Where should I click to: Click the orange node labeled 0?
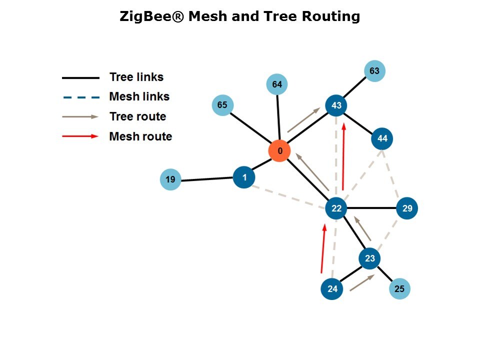(279, 151)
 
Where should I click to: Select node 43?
(336, 105)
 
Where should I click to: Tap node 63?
(374, 71)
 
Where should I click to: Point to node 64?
(277, 84)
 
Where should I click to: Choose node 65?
(222, 105)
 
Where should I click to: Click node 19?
(170, 179)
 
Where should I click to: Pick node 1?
(244, 177)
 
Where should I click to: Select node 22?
(336, 208)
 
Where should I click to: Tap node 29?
(407, 208)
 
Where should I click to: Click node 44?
(382, 138)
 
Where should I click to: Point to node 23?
(369, 258)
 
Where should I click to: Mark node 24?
(332, 288)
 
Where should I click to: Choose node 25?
(399, 288)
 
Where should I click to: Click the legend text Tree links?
(136, 77)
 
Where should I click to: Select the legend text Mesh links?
(139, 96)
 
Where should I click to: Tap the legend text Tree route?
(137, 116)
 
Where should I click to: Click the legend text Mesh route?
(140, 136)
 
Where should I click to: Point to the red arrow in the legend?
(80, 136)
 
